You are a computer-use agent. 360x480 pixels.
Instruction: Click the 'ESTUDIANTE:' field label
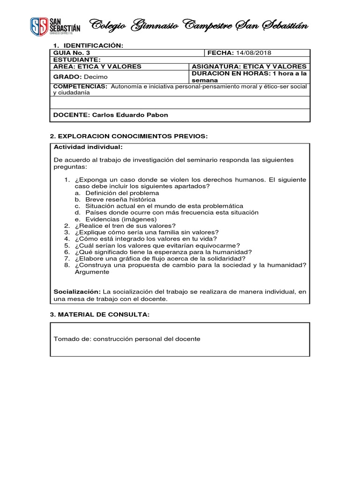point(77,60)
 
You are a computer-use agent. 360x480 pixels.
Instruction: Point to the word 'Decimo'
point(96,76)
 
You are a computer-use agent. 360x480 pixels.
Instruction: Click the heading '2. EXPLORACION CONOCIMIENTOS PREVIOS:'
point(128,136)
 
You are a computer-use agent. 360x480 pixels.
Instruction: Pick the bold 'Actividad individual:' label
point(88,147)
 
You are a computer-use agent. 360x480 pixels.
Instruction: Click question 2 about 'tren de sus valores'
point(125,225)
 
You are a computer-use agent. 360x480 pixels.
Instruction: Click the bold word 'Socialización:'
point(77,292)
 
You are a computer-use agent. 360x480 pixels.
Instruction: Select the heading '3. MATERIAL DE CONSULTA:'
point(100,314)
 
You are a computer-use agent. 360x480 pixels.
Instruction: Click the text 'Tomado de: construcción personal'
point(127,339)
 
